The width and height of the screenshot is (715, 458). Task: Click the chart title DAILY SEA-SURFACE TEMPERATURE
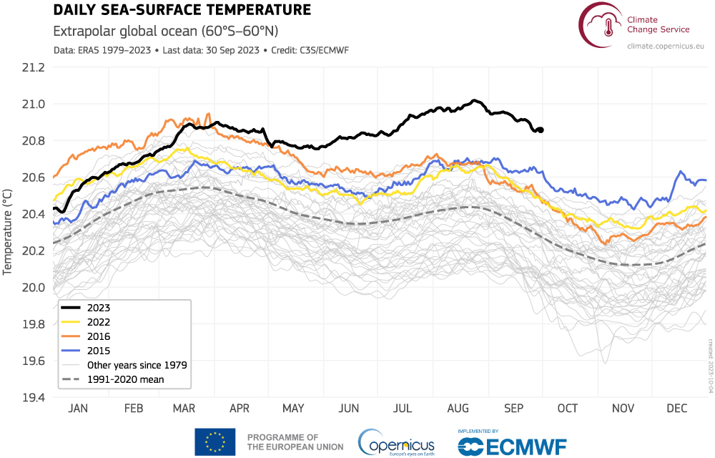(x=182, y=10)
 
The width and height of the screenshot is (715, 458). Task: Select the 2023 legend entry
(x=99, y=307)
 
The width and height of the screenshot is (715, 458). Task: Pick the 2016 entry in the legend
(x=99, y=336)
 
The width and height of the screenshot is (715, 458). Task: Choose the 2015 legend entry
(x=99, y=350)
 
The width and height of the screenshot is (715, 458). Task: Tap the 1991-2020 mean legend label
(x=126, y=379)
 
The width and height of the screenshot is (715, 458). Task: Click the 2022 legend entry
(x=99, y=321)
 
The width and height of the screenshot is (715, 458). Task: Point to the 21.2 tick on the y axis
(x=34, y=68)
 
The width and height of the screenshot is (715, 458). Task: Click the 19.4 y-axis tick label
(x=34, y=397)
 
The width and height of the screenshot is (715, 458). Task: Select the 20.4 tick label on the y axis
(x=34, y=215)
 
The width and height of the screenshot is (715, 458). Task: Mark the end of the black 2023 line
(x=541, y=130)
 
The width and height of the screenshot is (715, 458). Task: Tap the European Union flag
(x=214, y=442)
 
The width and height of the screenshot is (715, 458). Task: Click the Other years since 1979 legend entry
(x=137, y=364)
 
